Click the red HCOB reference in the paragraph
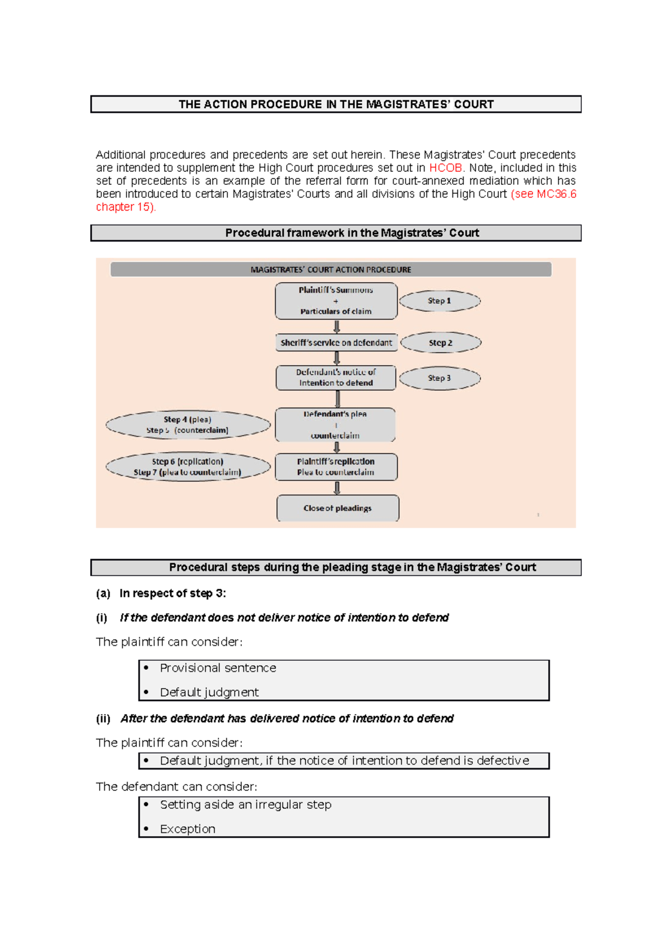pos(445,168)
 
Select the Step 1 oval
pos(440,301)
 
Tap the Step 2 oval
pos(441,343)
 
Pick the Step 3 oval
pos(440,378)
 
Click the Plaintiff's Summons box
pos(336,301)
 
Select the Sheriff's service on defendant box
pos(336,343)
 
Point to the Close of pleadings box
pos(338,508)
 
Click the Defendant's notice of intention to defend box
pos(336,377)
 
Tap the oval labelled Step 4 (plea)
pos(188,425)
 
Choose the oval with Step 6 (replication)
pos(188,467)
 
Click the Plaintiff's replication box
pos(336,467)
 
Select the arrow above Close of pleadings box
pos(337,488)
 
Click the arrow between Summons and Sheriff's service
pos(337,327)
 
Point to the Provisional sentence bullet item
pos(218,668)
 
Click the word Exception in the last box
pos(188,829)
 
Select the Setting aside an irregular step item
pos(245,805)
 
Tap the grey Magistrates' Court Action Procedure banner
pos(330,269)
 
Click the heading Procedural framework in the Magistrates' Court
pos(352,233)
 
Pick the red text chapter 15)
pos(125,207)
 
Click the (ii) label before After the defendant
pos(103,719)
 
